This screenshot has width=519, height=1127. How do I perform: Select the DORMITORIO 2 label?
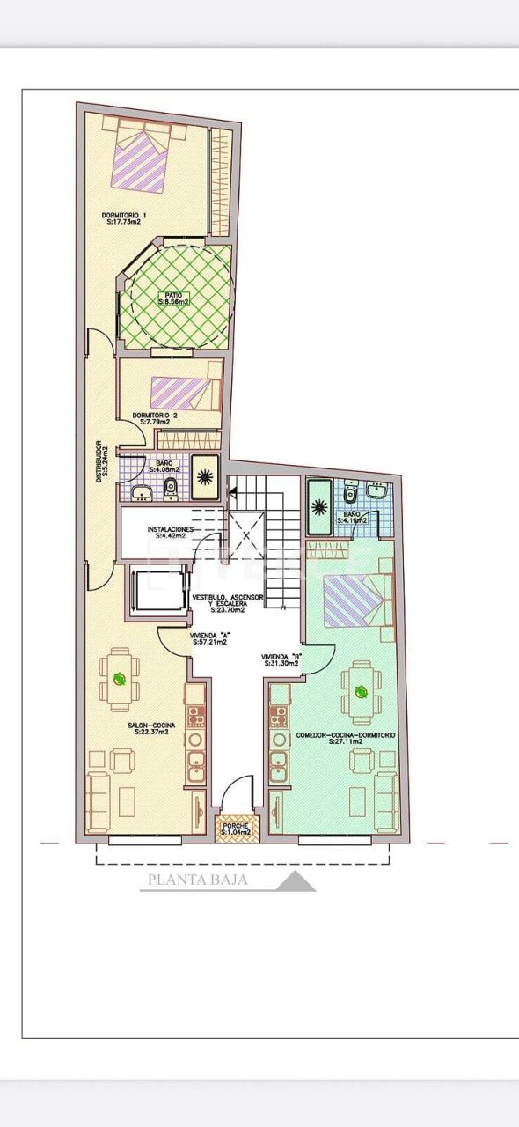pos(155,418)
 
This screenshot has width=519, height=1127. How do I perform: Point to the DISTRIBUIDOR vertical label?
pos(100,459)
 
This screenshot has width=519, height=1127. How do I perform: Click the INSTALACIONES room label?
pos(176,532)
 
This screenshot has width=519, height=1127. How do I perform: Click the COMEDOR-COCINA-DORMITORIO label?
pos(345,738)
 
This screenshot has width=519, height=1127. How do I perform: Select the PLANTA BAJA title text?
pos(197,879)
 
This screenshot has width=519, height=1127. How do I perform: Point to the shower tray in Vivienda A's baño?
pos(205,478)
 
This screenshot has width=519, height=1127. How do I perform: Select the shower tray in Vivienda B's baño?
pos(319,506)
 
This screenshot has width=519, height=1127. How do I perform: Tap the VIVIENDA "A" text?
pos(209,637)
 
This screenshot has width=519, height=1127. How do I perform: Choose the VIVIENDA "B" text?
pos(281,659)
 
